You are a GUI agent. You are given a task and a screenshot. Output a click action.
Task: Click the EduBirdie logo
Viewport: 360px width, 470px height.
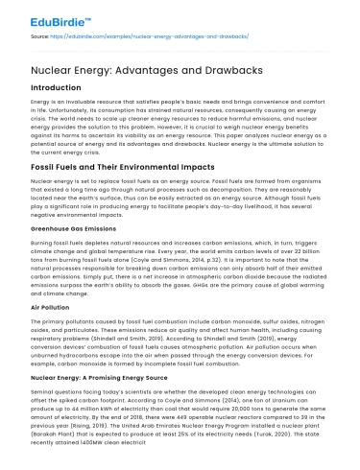[x=42, y=13]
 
